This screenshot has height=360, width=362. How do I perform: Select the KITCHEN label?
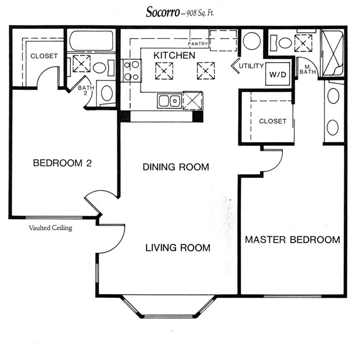174,56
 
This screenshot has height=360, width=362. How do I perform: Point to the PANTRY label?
198,44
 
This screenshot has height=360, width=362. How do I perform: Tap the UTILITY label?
251,66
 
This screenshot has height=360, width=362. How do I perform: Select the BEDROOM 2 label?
62,163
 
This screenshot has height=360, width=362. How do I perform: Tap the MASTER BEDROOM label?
292,240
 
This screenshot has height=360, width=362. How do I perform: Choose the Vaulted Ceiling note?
50,228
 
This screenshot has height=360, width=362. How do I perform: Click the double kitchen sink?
169,100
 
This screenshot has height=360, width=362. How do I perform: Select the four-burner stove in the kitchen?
131,71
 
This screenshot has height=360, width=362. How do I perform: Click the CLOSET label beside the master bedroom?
272,121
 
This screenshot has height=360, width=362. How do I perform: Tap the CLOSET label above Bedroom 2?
44,56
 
